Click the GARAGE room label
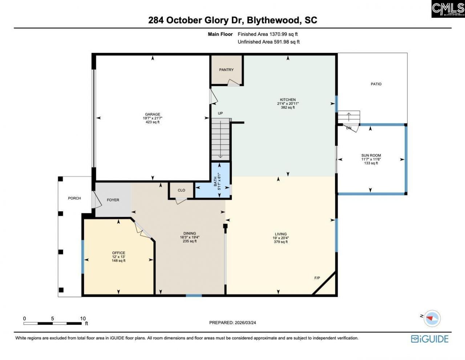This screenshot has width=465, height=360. pyautogui.click(x=152, y=114)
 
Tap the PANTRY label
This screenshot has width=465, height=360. pyautogui.click(x=226, y=70)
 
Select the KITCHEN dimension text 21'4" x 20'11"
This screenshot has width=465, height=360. pyautogui.click(x=288, y=104)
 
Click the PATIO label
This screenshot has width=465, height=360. pyautogui.click(x=376, y=84)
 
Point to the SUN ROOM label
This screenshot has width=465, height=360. pyautogui.click(x=371, y=155)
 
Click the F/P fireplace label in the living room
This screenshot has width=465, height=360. pyautogui.click(x=317, y=278)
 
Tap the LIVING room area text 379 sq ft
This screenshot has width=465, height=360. pyautogui.click(x=280, y=242)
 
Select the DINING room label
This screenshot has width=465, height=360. pyautogui.click(x=190, y=233)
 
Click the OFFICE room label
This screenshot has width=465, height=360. pyautogui.click(x=118, y=253)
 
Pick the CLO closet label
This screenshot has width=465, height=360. pyautogui.click(x=181, y=190)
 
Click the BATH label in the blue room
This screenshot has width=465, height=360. pyautogui.click(x=215, y=179)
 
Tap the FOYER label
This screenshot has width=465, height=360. pyautogui.click(x=113, y=200)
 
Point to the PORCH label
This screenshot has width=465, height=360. pyautogui.click(x=74, y=198)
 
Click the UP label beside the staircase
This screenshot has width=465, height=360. pyautogui.click(x=220, y=113)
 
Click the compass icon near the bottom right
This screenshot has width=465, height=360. pyautogui.click(x=432, y=318)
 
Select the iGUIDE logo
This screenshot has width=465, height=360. pyautogui.click(x=430, y=339)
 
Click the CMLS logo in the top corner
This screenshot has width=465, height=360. pyautogui.click(x=448, y=9)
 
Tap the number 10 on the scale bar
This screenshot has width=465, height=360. pyautogui.click(x=83, y=319)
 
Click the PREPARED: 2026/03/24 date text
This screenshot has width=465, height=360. pyautogui.click(x=232, y=323)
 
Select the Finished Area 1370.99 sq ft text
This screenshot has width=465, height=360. pyautogui.click(x=267, y=34)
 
